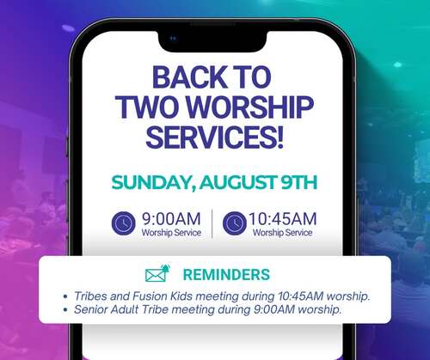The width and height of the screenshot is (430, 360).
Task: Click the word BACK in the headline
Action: (x=189, y=77)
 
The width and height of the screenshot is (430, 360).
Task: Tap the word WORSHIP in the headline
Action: (x=251, y=107)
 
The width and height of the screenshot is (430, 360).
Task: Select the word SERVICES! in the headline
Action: (x=215, y=137)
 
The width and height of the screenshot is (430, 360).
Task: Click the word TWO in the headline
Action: (x=150, y=107)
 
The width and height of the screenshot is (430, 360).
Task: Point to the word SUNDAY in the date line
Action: (x=151, y=182)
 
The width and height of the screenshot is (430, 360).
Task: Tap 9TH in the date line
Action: (x=298, y=182)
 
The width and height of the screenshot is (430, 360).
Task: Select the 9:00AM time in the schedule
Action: (x=171, y=219)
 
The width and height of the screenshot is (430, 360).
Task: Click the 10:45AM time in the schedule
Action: (x=283, y=219)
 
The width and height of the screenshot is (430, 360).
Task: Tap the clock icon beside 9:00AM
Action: (x=123, y=223)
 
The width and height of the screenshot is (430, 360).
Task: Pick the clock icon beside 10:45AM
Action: (x=235, y=223)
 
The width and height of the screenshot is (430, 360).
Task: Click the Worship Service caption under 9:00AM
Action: (x=171, y=233)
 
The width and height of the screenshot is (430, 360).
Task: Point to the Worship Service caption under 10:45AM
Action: (x=282, y=233)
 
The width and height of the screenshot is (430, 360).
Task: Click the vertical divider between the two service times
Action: (x=212, y=223)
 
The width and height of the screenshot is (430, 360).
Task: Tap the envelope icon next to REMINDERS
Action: (x=157, y=273)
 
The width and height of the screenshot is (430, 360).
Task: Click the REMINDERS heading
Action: (x=226, y=274)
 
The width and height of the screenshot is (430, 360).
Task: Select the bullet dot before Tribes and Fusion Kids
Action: (x=65, y=296)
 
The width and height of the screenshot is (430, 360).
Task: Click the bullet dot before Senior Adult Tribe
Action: (x=65, y=310)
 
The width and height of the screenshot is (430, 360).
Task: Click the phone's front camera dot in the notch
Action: (x=173, y=38)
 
